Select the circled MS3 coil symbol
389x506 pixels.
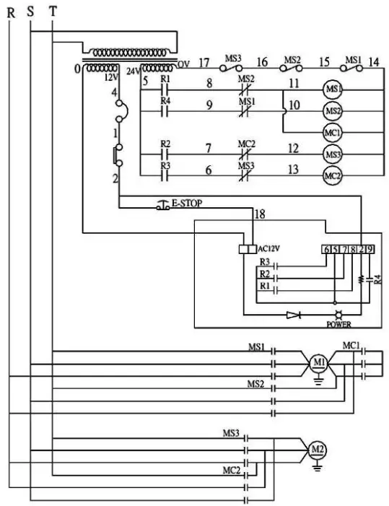pyautogui.click(x=333, y=154)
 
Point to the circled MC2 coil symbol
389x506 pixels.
pyautogui.click(x=333, y=175)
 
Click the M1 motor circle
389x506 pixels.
pyautogui.click(x=318, y=361)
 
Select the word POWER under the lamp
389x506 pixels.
pyautogui.click(x=338, y=324)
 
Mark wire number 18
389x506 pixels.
pyautogui.click(x=259, y=214)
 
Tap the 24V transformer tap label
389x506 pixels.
pyautogui.click(x=133, y=71)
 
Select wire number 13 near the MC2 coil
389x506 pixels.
pyautogui.click(x=292, y=168)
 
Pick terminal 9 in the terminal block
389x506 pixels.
pyautogui.click(x=370, y=249)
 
